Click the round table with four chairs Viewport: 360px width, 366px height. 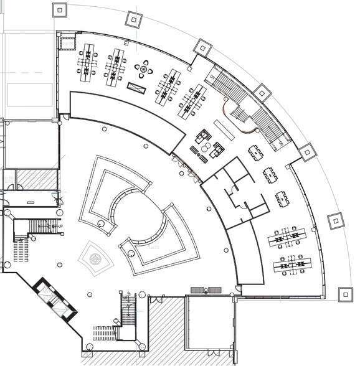144,69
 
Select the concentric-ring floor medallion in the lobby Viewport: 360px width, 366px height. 95,258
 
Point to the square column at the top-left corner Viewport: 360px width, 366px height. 59,9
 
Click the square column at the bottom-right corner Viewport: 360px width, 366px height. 345,294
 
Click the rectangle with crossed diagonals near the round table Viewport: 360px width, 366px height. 136,88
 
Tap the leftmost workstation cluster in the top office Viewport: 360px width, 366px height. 87,62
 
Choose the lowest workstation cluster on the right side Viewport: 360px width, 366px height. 291,265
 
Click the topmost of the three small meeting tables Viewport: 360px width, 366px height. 255,152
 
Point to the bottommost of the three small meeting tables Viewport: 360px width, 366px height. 282,199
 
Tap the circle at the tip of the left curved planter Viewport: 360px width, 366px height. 100,223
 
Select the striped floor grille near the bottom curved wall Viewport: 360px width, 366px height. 206,289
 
